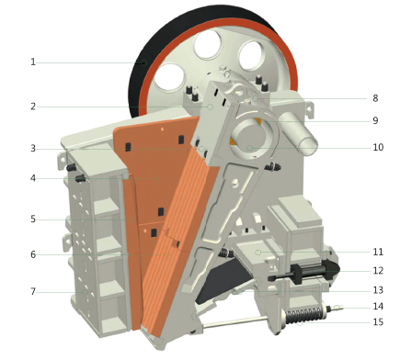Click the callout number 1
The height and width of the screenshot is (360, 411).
33,62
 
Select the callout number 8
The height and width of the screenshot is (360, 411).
375,98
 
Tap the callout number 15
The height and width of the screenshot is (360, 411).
378,322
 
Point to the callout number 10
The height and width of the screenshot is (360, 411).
378,147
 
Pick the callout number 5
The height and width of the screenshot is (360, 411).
33,219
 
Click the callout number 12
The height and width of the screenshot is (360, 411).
378,271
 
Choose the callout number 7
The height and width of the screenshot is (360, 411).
33,292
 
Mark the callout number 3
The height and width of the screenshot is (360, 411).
33,149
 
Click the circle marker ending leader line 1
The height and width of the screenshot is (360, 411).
143,63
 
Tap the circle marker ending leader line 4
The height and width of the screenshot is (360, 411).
156,178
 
